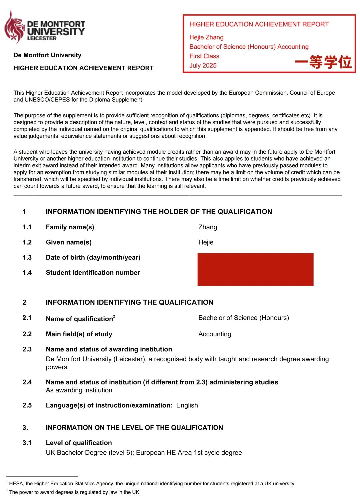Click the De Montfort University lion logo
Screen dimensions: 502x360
(x=14, y=27)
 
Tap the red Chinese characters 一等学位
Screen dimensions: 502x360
(x=323, y=62)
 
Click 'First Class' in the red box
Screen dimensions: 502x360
(x=204, y=56)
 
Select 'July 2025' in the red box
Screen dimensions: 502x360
(x=203, y=65)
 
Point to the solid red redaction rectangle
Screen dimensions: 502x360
(x=255, y=269)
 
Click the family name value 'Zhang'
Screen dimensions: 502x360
(x=208, y=227)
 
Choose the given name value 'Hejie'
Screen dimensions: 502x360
(x=206, y=242)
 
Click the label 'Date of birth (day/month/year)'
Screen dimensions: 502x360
(x=93, y=257)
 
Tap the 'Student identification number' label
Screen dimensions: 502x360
(x=93, y=273)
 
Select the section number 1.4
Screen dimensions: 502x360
(x=27, y=273)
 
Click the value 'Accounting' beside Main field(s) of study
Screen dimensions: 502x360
(x=215, y=334)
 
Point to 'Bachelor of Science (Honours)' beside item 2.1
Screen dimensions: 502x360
(x=244, y=318)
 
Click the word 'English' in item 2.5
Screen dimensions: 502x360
(x=187, y=405)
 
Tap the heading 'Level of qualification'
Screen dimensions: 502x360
(x=79, y=443)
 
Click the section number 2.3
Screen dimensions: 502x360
(x=27, y=349)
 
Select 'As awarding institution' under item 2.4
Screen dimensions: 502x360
(x=79, y=390)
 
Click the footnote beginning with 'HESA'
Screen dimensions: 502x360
(x=152, y=484)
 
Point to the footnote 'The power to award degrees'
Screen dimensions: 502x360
(x=75, y=492)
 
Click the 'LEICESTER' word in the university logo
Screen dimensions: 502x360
(x=42, y=39)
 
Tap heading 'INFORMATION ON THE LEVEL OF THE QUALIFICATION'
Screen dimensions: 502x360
(x=134, y=428)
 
